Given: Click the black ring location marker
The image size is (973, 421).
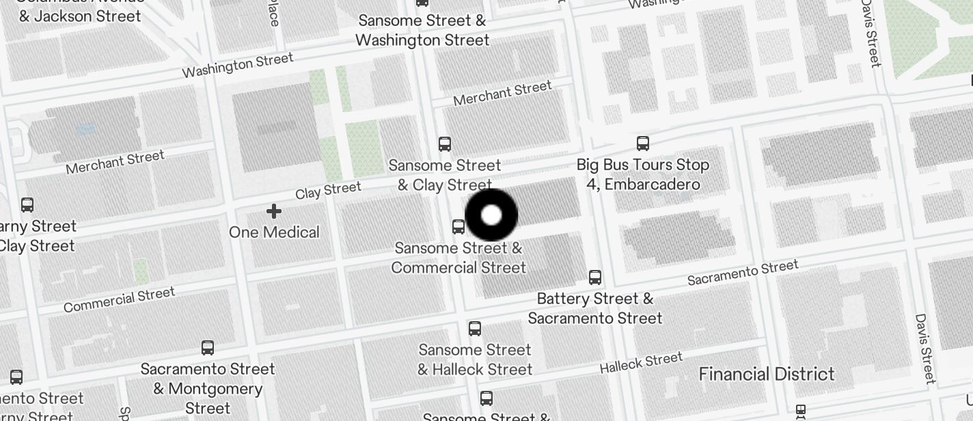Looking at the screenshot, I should pyautogui.click(x=491, y=215).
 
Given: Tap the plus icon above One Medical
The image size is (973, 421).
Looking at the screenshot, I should pyautogui.click(x=274, y=211).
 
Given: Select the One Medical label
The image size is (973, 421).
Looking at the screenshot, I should pyautogui.click(x=274, y=232).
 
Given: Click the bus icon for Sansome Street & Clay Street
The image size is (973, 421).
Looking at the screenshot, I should pyautogui.click(x=445, y=144).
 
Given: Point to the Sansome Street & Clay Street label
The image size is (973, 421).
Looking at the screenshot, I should pyautogui.click(x=445, y=175).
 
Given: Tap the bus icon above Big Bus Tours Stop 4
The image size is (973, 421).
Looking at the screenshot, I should pyautogui.click(x=643, y=143).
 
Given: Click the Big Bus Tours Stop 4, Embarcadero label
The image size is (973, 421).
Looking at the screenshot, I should pyautogui.click(x=643, y=174).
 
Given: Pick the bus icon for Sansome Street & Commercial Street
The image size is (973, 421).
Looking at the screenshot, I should pyautogui.click(x=458, y=227).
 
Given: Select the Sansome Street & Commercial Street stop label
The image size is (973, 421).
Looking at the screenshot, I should pyautogui.click(x=458, y=258).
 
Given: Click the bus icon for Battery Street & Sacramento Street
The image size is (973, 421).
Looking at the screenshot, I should pyautogui.click(x=595, y=277).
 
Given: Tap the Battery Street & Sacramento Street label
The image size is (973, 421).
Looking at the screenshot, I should pyautogui.click(x=594, y=308).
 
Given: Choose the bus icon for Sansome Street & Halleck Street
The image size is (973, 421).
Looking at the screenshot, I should pyautogui.click(x=475, y=329).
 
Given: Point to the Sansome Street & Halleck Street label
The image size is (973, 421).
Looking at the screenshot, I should pyautogui.click(x=475, y=359).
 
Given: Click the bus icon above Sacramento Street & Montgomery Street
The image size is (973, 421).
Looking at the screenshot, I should pyautogui.click(x=208, y=348).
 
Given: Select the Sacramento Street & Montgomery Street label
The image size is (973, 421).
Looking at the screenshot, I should pyautogui.click(x=208, y=388).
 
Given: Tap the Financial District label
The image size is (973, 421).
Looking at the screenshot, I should pyautogui.click(x=766, y=374).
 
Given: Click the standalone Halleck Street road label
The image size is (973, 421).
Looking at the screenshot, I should pyautogui.click(x=641, y=363).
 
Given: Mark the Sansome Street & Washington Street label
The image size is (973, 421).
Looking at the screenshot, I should pyautogui.click(x=422, y=31).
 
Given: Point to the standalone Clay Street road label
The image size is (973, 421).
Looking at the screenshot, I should pyautogui.click(x=328, y=191).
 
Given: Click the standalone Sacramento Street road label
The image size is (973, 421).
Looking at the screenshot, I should pyautogui.click(x=743, y=273).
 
